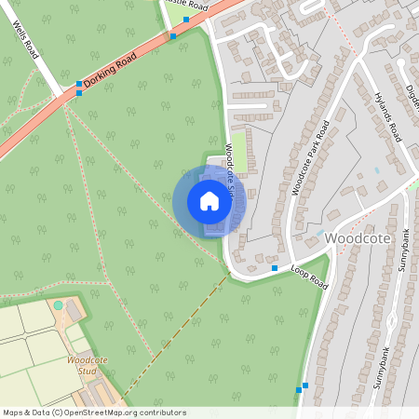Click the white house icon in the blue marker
click(209, 200)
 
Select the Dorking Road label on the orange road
click(110, 70)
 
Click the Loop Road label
click(309, 277)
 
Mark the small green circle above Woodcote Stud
click(59, 304)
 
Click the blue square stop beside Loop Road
click(274, 268)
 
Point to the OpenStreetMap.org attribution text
click(93, 412)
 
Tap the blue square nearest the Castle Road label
click(186, 19)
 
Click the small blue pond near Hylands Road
click(377, 170)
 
